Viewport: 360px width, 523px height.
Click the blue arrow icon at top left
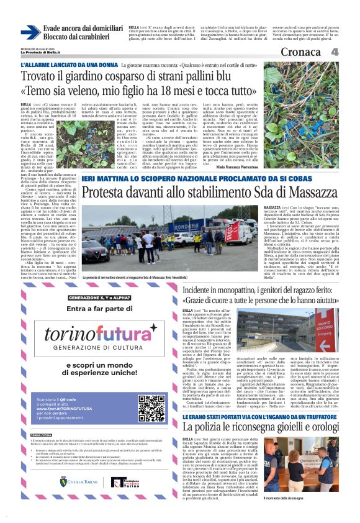coord(30,32)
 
